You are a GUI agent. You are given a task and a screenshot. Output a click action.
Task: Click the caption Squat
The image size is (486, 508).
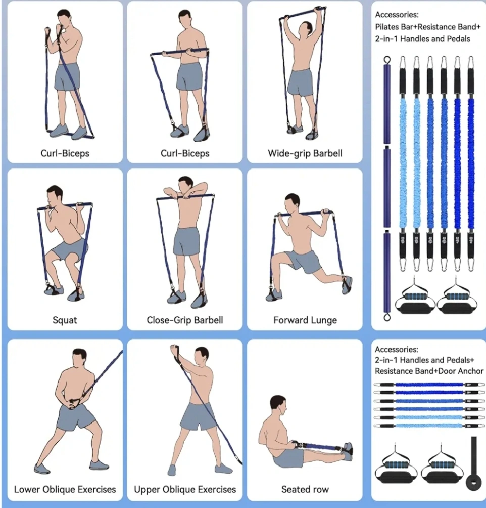click(65, 320)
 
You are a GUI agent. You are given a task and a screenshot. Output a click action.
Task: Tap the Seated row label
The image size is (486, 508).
click(305, 489)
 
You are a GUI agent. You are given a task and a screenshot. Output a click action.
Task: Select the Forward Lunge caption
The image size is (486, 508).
click(305, 320)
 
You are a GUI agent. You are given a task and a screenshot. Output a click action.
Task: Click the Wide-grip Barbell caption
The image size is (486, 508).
click(305, 153)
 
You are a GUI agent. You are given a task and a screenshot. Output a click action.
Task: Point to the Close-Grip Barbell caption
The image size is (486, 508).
click(185, 320)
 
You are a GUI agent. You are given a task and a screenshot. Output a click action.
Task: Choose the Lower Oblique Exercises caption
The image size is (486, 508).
click(65, 489)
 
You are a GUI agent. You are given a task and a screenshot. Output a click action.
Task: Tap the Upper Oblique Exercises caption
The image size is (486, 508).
click(185, 489)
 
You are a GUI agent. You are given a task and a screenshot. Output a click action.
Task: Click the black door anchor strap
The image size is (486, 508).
click(473, 463)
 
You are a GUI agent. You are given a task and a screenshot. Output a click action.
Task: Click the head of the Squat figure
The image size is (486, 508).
click(54, 196)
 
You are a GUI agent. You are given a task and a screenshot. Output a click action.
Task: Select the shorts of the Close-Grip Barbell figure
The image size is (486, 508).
click(186, 241)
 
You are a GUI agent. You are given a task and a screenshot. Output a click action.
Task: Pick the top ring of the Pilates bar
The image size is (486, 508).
click(386, 60)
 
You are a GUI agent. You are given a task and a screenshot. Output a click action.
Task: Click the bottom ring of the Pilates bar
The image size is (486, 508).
click(386, 317)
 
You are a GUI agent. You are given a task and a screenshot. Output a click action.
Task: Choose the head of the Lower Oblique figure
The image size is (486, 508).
click(79, 359)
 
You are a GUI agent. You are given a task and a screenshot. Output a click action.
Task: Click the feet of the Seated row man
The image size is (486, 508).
click(348, 451)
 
